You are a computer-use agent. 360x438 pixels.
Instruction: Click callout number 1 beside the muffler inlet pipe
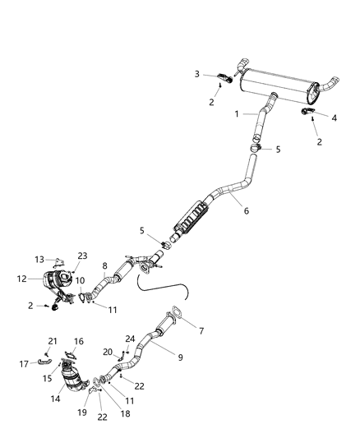click(x=238, y=113)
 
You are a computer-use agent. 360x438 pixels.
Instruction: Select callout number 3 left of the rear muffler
click(x=197, y=75)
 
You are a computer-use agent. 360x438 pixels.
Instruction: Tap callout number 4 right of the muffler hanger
click(x=334, y=118)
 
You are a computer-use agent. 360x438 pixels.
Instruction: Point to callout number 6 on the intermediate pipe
click(x=246, y=210)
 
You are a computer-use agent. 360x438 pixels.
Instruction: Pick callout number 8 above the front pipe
click(x=104, y=265)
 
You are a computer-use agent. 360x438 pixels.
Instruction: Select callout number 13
click(x=39, y=260)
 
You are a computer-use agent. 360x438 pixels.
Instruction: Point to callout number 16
click(x=79, y=341)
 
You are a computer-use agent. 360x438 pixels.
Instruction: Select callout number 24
click(x=131, y=338)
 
